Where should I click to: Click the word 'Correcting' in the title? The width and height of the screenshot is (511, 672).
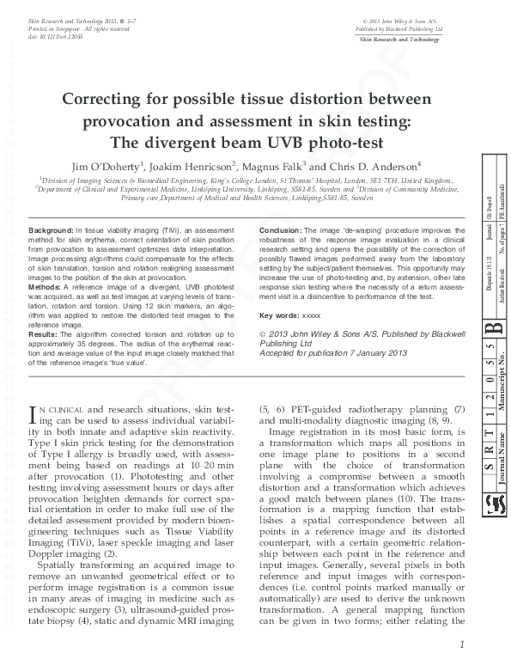[x=128, y=101]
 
